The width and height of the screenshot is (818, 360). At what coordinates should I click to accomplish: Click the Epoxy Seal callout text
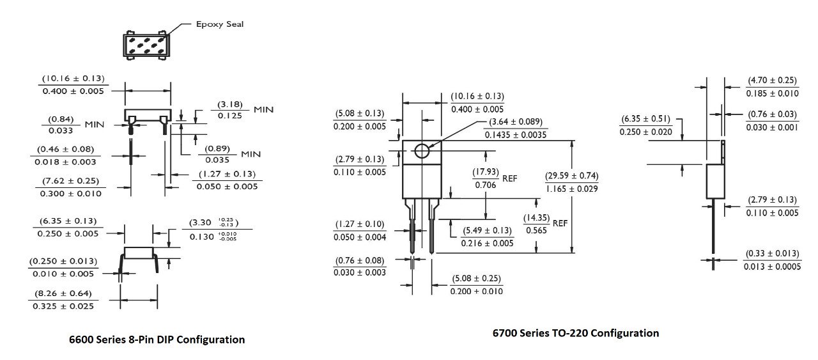(219, 24)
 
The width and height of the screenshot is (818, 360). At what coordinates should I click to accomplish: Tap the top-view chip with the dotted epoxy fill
(147, 45)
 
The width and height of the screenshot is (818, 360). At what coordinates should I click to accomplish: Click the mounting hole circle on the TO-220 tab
(421, 151)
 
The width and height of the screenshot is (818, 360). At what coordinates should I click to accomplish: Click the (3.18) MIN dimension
(229, 109)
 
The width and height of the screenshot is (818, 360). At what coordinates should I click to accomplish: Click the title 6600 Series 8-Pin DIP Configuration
(157, 340)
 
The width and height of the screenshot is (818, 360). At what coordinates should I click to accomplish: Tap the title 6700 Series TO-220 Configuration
(575, 333)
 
